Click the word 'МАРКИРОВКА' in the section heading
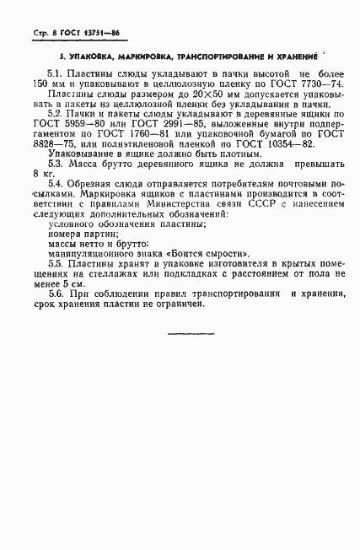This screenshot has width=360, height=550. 127,57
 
